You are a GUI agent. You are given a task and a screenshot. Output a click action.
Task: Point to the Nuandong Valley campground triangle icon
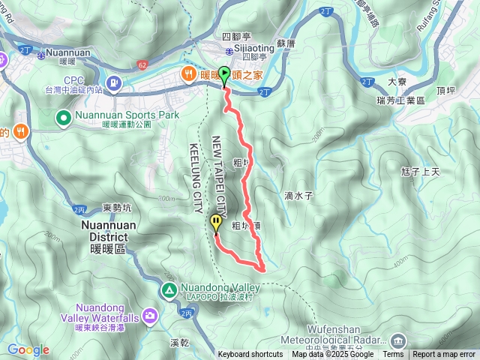[x=169, y=289]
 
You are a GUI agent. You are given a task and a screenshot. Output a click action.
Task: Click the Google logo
[x=28, y=349]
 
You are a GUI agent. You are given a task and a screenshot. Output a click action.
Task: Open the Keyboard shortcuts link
[x=250, y=355]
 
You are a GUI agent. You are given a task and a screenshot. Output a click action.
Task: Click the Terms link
[x=393, y=355]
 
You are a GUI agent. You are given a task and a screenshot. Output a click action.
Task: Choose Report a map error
[x=445, y=355]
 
